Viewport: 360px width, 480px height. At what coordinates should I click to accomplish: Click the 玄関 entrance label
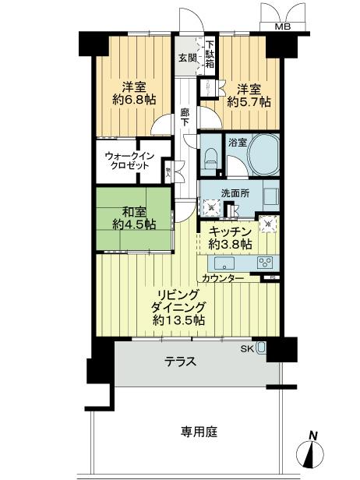click(x=186, y=58)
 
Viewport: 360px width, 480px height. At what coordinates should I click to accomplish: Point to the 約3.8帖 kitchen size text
click(x=231, y=245)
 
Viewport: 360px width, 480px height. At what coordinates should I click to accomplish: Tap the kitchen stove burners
click(x=265, y=262)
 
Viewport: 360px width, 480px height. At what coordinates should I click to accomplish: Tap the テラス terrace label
click(x=179, y=362)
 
